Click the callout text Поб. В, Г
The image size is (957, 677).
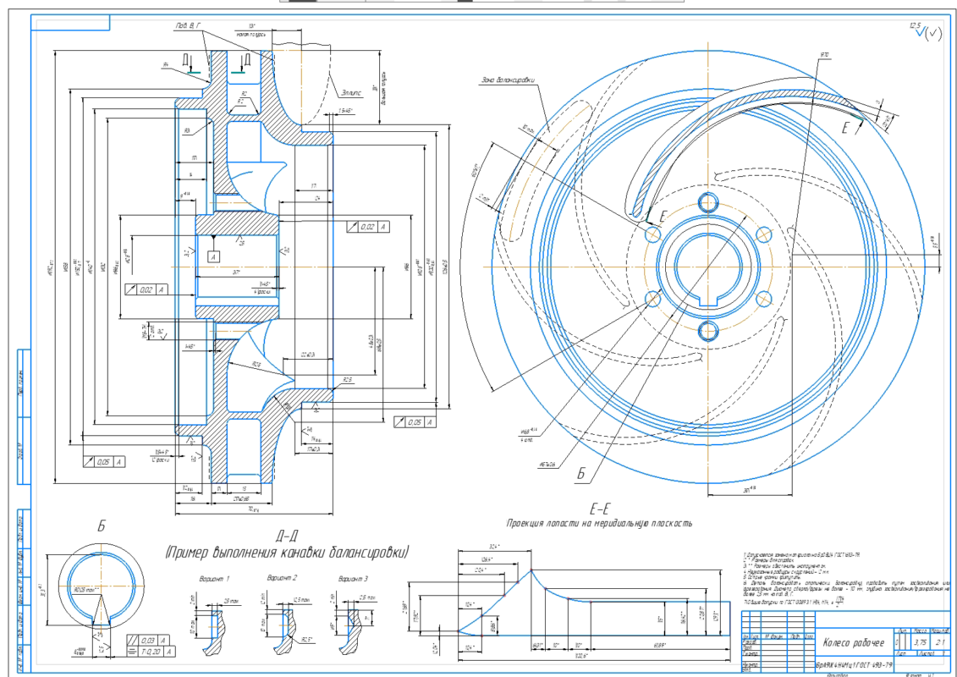tap(189, 27)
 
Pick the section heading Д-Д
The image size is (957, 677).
tap(286, 535)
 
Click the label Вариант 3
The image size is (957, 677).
tap(352, 578)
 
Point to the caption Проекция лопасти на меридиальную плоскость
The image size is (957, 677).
tap(599, 524)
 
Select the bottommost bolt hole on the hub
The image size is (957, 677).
tap(708, 329)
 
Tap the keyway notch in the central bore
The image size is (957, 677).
tap(708, 298)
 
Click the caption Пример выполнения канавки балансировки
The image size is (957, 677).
tap(286, 552)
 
